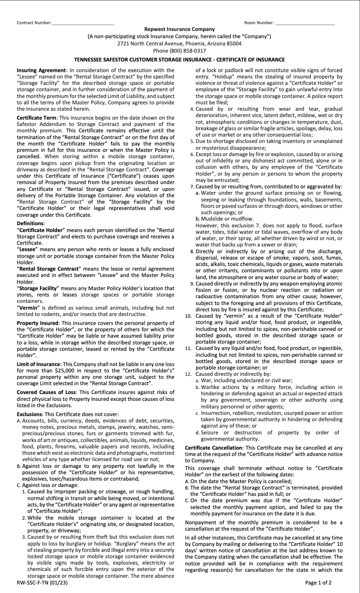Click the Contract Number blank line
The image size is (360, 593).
[82, 22]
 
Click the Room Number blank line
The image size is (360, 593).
[304, 22]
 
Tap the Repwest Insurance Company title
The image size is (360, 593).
[179, 29]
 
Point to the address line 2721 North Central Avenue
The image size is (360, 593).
[179, 43]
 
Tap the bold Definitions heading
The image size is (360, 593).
[30, 223]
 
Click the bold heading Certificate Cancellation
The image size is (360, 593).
[213, 448]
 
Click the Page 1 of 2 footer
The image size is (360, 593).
[318, 582]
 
